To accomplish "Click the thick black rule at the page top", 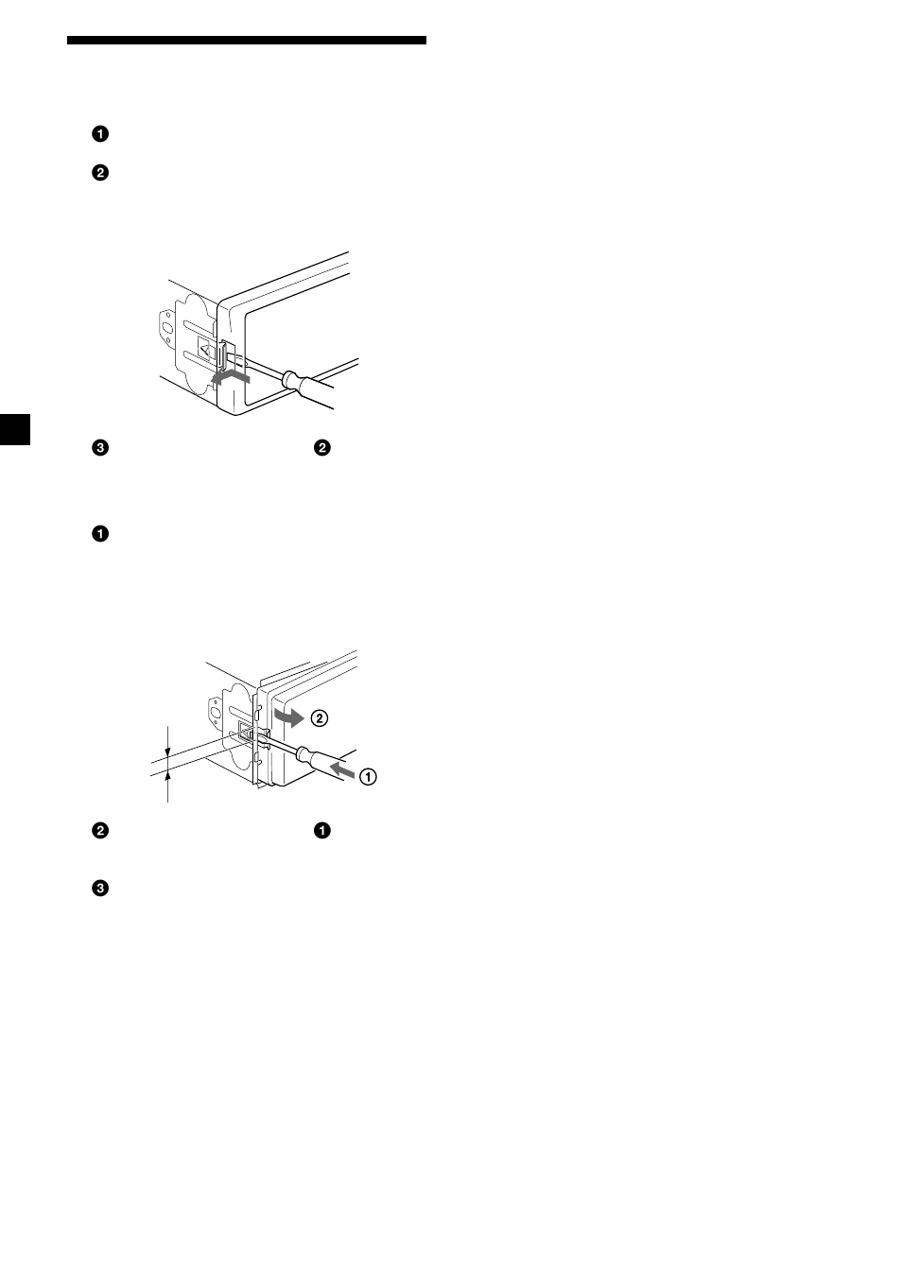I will coord(246,41).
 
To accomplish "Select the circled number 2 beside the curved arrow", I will coord(319,717).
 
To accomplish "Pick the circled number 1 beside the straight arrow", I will coord(367,776).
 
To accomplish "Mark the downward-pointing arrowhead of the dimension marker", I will coord(168,752).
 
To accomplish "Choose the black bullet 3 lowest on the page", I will coord(99,889).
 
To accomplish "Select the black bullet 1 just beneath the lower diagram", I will coord(322,831).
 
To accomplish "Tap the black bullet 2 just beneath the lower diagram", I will coord(99,831).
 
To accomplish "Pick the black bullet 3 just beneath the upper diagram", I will coord(99,448).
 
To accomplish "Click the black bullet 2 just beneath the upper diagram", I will coord(322,448).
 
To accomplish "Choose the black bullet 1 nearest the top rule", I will coord(99,133).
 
